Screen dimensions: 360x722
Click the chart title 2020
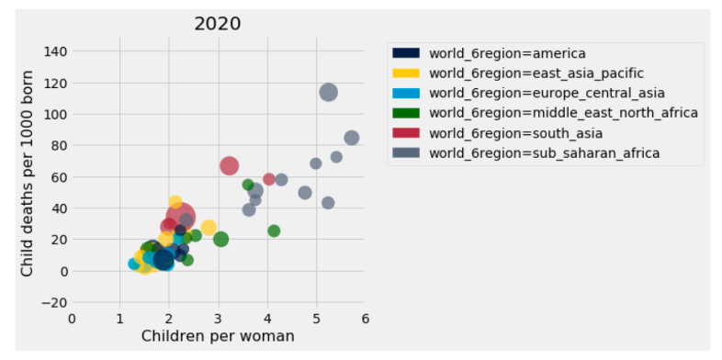(218, 23)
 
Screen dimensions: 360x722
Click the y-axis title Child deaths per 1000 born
(28, 173)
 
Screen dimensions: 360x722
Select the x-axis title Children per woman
(218, 336)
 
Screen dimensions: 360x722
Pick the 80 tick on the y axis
(57, 145)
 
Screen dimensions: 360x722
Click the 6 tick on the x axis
(365, 319)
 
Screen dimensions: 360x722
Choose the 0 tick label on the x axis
(73, 319)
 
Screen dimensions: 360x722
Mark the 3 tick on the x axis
(219, 319)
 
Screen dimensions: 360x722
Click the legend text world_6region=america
(507, 53)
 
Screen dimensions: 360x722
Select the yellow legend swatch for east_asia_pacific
(405, 73)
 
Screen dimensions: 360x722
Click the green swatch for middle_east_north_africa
(405, 113)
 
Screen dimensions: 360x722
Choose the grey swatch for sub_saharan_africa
(405, 152)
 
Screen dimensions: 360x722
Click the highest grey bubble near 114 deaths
(328, 92)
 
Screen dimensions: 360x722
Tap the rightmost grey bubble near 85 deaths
(351, 138)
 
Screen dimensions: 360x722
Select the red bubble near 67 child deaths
(229, 166)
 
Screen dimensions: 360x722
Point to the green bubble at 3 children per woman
(220, 239)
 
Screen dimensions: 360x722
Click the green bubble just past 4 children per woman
(274, 231)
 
